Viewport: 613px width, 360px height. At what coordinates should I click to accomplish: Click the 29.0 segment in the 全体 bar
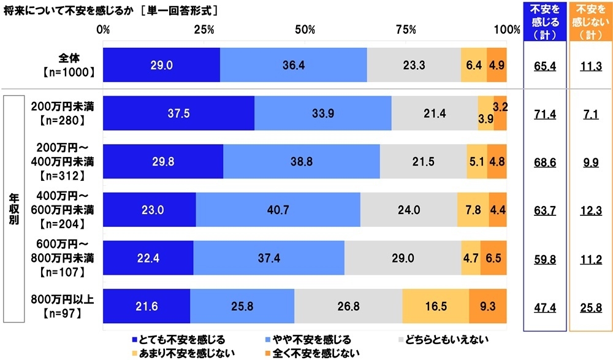(x=161, y=64)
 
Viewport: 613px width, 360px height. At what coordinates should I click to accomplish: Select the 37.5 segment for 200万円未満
(x=178, y=113)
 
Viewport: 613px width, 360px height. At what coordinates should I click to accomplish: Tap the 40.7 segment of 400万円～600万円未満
(x=278, y=209)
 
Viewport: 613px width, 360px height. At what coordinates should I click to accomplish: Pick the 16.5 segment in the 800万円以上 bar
(x=435, y=305)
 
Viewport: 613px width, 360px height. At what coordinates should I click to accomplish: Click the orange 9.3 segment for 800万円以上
(x=488, y=305)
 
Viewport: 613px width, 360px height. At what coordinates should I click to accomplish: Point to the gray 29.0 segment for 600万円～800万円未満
(x=402, y=258)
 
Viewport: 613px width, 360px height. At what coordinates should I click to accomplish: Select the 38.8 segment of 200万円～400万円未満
(x=301, y=161)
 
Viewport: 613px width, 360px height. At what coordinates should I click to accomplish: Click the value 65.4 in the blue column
(x=544, y=66)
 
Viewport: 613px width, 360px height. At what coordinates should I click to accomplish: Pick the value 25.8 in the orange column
(x=591, y=307)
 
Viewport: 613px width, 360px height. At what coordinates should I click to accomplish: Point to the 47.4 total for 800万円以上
(x=544, y=307)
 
